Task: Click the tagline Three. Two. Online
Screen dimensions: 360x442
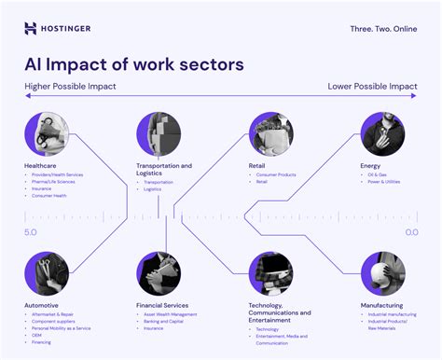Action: coord(381,28)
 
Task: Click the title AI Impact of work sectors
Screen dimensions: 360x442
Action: coord(134,64)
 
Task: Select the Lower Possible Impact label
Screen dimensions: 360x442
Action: coord(372,86)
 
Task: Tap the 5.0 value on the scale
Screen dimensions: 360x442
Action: coord(31,231)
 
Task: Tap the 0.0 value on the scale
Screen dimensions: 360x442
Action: coord(411,231)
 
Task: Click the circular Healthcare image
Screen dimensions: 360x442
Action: coord(47,133)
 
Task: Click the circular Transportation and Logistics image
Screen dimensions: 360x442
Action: coord(159,133)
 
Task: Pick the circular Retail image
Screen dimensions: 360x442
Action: coord(270,133)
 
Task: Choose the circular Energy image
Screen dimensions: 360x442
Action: coord(382,133)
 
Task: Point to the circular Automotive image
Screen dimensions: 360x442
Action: coord(47,273)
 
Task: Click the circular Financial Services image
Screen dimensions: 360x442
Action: coord(159,273)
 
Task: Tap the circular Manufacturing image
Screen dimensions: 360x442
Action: coord(382,273)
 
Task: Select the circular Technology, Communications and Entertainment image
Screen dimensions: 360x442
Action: coord(270,273)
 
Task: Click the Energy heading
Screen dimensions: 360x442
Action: coord(370,166)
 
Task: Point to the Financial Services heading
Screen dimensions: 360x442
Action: coord(162,305)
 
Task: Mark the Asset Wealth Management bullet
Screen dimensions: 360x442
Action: coord(171,314)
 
